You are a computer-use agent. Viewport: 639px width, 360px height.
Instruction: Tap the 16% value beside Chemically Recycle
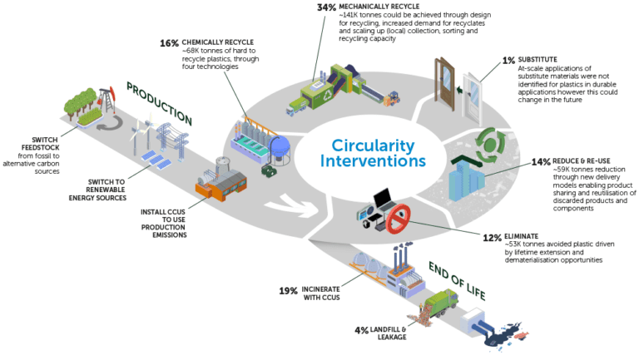(x=170, y=42)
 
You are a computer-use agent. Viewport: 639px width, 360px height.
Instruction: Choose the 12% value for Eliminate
(x=493, y=237)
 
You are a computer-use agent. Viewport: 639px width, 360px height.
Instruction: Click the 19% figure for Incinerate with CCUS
(x=289, y=291)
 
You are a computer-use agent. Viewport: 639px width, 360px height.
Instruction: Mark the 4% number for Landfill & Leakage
(x=361, y=330)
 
